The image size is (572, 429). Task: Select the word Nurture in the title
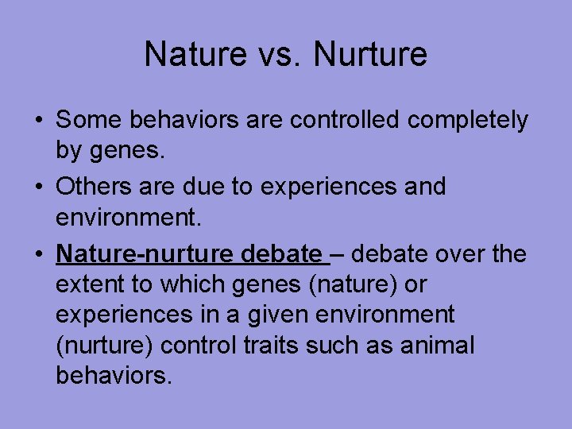point(371,55)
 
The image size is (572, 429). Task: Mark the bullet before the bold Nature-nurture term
point(39,255)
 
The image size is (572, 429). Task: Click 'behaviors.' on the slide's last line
point(114,375)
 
